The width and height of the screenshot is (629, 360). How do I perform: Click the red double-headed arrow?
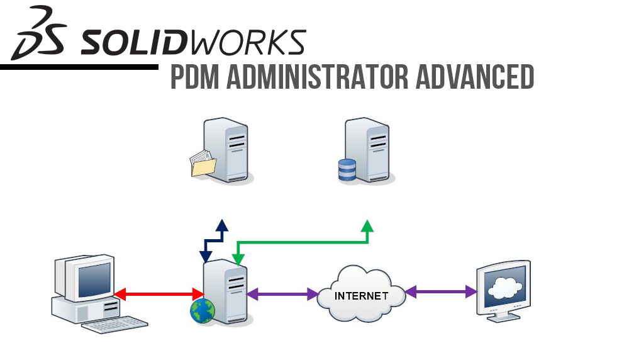point(159,293)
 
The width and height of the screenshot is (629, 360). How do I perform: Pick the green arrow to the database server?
point(302,242)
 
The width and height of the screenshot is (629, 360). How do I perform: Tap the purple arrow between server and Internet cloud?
point(282,293)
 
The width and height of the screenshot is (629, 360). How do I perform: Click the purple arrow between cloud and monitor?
point(441,291)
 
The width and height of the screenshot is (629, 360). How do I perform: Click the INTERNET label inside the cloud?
point(361,296)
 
